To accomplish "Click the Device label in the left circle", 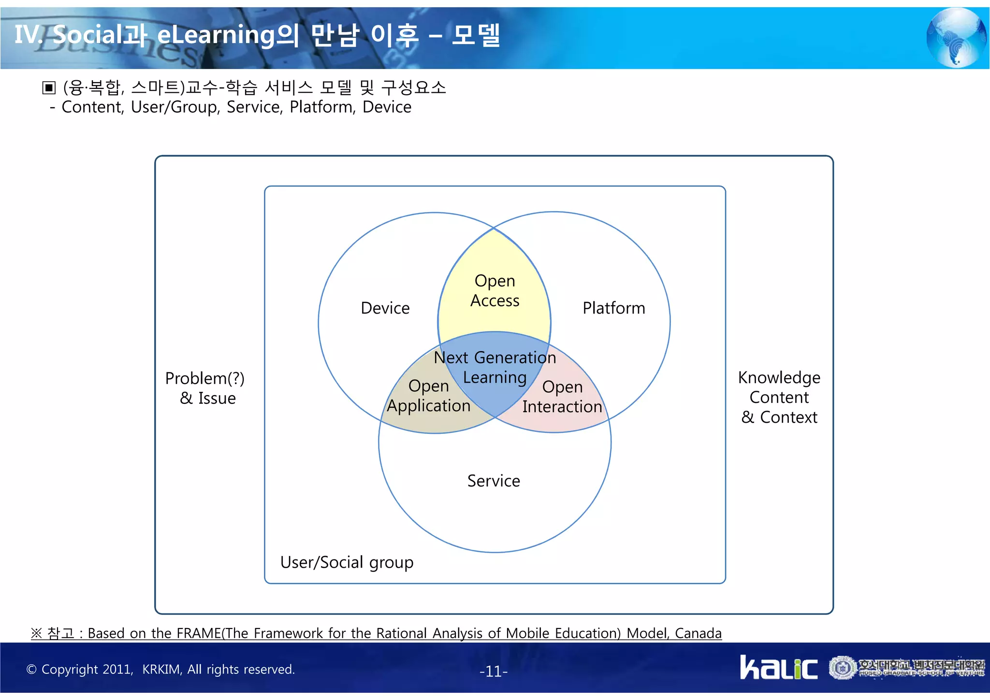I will coord(385,308).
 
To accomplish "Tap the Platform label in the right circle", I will coord(613,308).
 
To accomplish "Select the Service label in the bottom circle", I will coord(494,481).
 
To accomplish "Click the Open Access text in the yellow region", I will coord(495,291).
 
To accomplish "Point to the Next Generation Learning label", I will coord(495,368).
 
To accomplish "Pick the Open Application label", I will coord(429,396).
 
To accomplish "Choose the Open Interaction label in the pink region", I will coord(562,397).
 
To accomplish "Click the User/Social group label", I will coord(347,563).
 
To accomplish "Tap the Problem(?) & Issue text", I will coord(205,388).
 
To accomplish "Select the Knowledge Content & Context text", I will coord(779,398).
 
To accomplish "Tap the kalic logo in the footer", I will coord(778,668).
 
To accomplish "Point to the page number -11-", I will coord(494,671).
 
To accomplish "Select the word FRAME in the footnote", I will coord(199,633).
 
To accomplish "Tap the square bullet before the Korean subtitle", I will coord(49,88).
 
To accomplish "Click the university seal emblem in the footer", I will coord(843,668).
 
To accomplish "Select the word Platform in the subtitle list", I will coord(321,107).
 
